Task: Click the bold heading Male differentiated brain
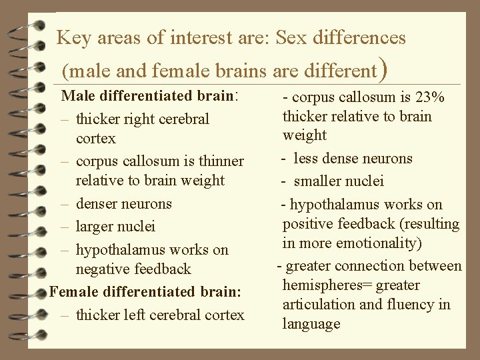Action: point(147,95)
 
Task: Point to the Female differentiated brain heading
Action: point(145,292)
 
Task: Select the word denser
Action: point(98,204)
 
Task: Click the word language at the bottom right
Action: point(311,324)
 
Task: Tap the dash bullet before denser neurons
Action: point(65,204)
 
